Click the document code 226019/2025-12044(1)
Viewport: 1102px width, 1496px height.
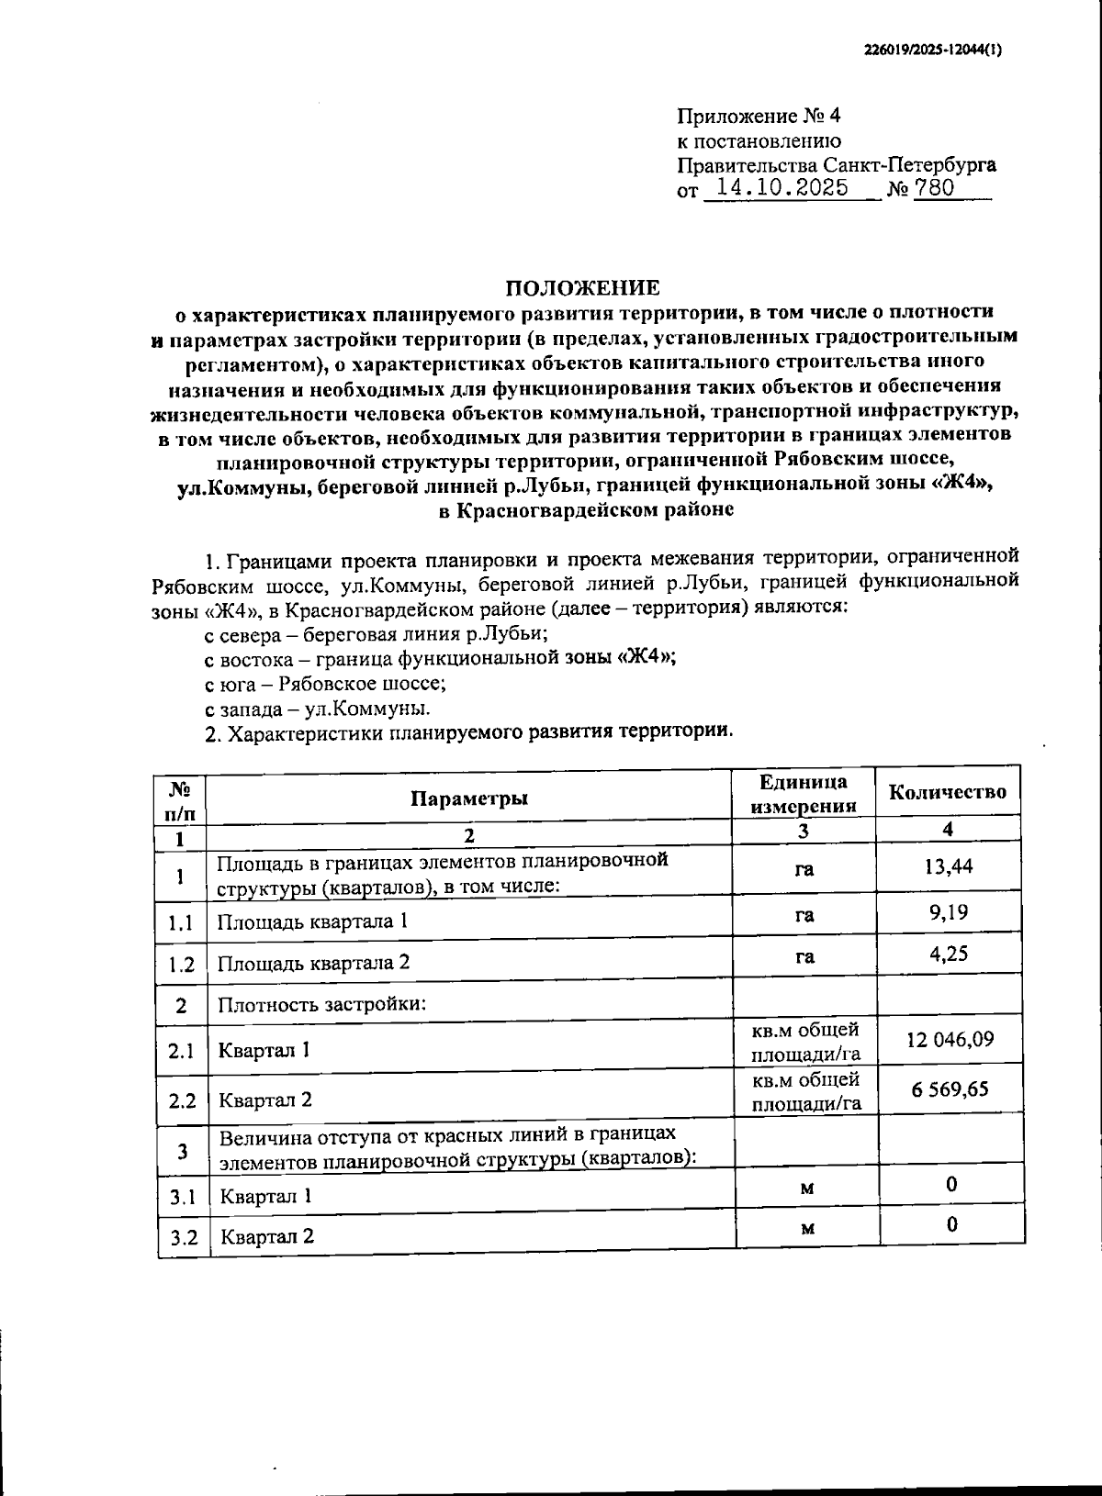click(932, 52)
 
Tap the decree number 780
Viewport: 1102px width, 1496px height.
click(934, 189)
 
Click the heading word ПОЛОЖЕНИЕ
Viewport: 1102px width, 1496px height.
click(584, 288)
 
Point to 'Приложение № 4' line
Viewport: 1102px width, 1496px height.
click(759, 117)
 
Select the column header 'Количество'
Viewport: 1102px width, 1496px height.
click(948, 792)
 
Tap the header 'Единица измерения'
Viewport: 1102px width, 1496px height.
click(804, 794)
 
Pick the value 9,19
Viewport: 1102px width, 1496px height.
click(949, 912)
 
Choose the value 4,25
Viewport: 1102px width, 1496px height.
click(949, 954)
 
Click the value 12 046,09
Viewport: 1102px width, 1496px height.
click(949, 1040)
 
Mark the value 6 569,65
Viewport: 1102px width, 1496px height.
click(950, 1089)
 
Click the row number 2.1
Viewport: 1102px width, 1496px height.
click(181, 1050)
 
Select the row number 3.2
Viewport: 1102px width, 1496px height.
click(184, 1236)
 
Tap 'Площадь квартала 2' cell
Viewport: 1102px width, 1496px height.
click(312, 963)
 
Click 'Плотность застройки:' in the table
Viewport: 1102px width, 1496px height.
click(321, 1003)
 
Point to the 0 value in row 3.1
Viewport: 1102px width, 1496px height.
click(951, 1185)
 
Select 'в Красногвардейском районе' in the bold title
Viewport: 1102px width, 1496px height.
click(585, 511)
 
